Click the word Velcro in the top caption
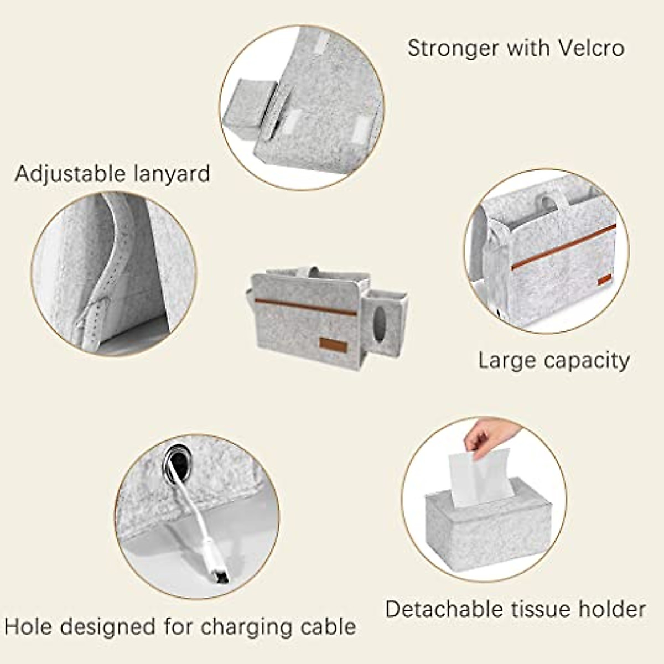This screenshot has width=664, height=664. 591,48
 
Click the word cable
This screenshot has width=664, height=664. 329,627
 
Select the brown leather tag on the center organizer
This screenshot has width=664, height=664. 333,345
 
